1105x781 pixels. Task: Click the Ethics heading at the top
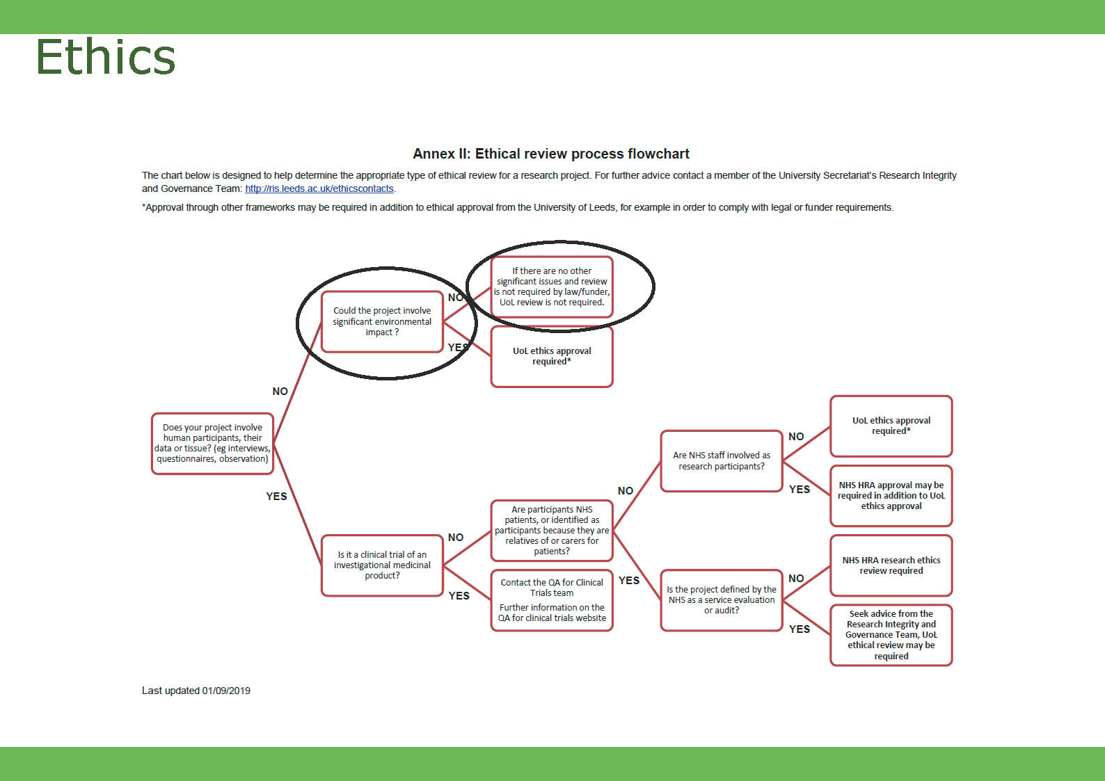106,57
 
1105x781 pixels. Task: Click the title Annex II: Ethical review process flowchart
550,154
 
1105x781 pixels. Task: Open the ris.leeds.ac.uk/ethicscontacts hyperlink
319,188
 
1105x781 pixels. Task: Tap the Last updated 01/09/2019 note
196,691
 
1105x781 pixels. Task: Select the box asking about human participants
212,444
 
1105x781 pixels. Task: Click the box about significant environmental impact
382,321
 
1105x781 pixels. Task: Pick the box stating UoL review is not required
552,287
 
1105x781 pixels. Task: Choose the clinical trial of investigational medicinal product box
382,565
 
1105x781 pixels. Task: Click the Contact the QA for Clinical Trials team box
552,599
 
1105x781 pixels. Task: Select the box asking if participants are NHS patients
552,530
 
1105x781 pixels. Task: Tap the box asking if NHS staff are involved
722,460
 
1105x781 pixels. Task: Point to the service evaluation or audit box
722,599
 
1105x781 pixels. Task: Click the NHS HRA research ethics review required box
891,565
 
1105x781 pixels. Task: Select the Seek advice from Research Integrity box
891,634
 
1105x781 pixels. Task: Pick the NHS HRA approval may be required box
891,495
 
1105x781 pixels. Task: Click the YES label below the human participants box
276,497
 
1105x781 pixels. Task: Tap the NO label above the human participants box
280,392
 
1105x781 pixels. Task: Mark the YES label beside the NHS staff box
800,490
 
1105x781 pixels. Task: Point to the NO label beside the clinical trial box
456,538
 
